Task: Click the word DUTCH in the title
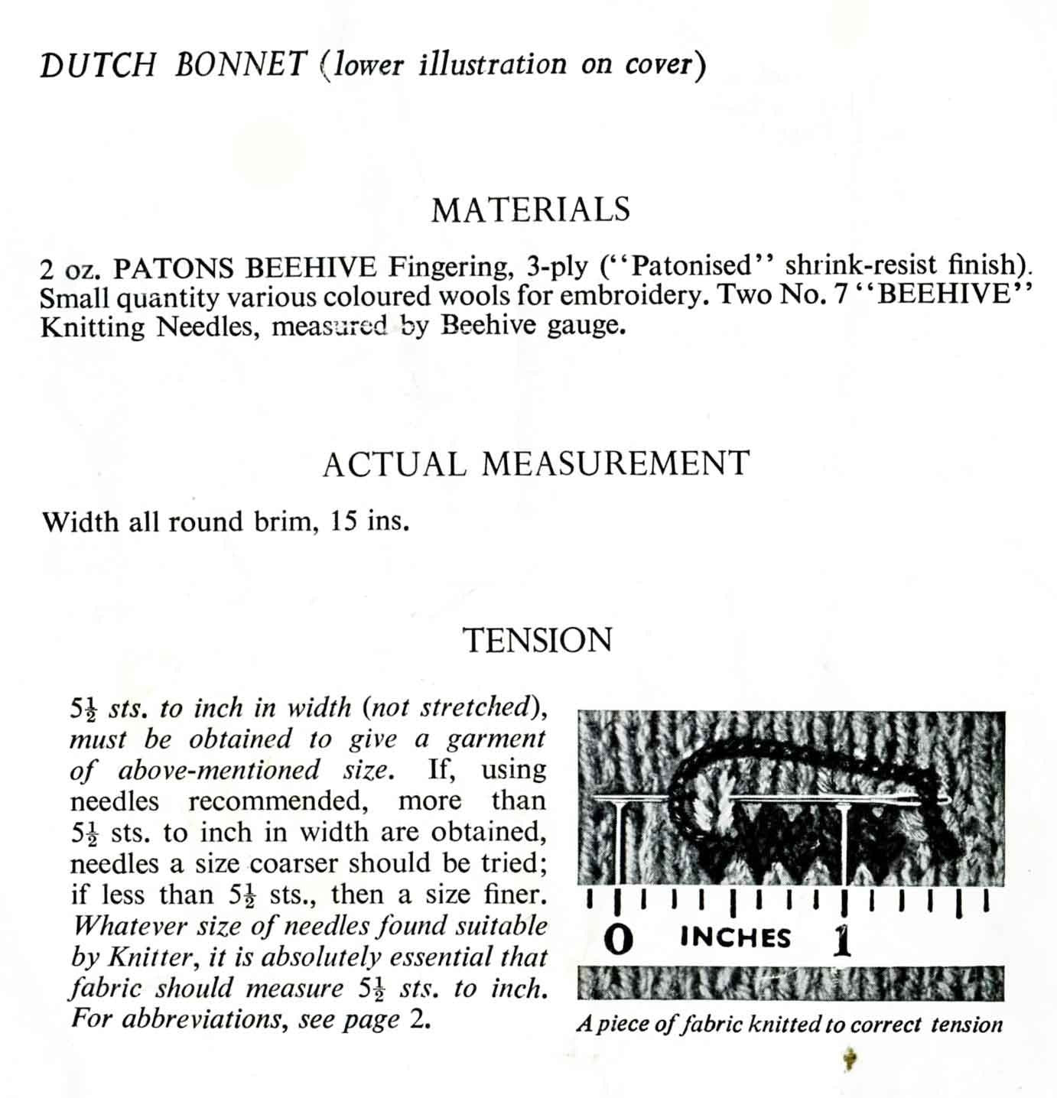click(97, 66)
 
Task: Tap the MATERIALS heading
click(531, 210)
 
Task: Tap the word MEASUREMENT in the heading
click(616, 464)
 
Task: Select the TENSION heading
click(538, 640)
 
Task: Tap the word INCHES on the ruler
click(735, 937)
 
